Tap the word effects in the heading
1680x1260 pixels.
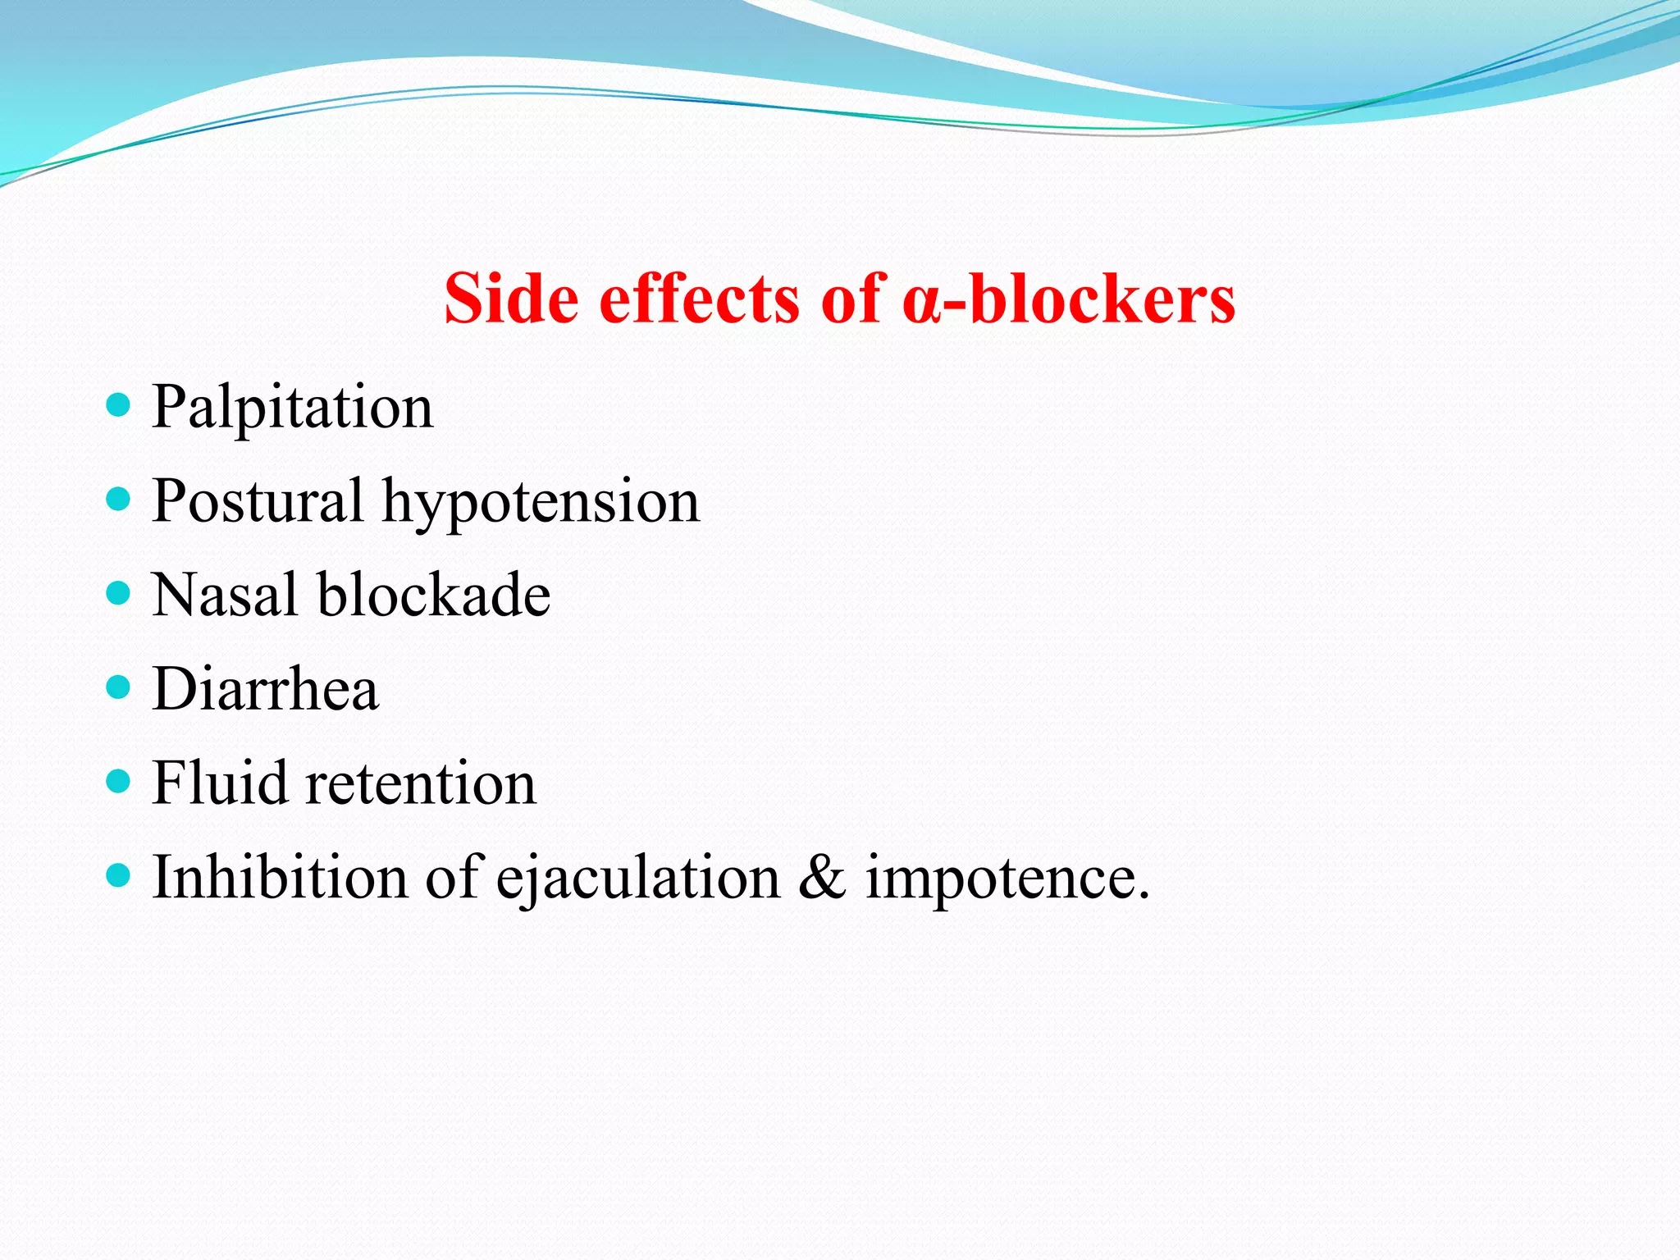point(699,299)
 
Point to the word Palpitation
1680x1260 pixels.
point(292,408)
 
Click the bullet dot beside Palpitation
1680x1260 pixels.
point(119,404)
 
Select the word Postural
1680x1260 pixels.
point(258,501)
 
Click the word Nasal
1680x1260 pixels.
point(225,595)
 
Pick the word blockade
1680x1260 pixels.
point(434,595)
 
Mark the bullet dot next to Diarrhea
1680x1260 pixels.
point(119,686)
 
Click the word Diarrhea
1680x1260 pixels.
point(266,689)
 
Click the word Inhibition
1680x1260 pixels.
point(280,877)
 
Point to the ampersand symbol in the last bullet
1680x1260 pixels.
point(822,877)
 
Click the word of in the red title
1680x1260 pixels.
point(851,299)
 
